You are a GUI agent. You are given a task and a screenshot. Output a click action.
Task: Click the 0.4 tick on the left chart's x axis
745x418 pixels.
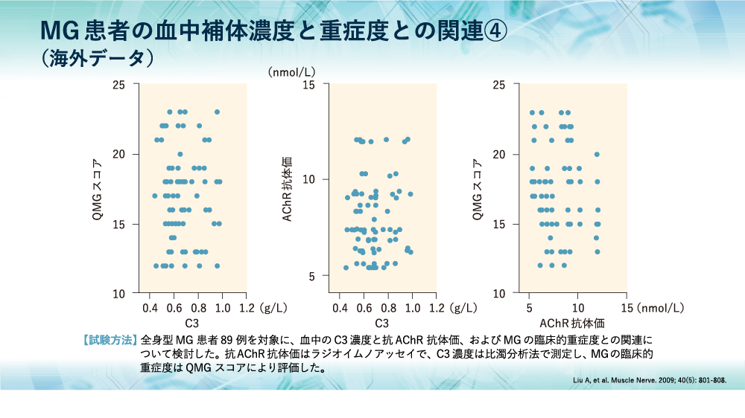pos(150,307)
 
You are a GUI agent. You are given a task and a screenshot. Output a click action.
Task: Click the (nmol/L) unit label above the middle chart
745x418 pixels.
pos(292,72)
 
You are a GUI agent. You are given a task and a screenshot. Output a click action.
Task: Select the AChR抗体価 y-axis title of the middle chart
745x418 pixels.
pos(287,190)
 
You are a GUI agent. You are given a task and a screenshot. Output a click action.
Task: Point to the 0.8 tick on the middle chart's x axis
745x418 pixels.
pos(389,307)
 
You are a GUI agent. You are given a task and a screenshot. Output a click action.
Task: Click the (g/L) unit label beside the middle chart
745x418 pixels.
pos(464,307)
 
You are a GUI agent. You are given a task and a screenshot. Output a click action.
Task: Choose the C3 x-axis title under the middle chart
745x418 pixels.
pos(382,324)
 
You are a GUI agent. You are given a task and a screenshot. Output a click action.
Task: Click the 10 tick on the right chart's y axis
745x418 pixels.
pos(501,293)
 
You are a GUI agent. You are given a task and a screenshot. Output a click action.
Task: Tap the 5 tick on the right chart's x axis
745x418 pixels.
pos(530,307)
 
